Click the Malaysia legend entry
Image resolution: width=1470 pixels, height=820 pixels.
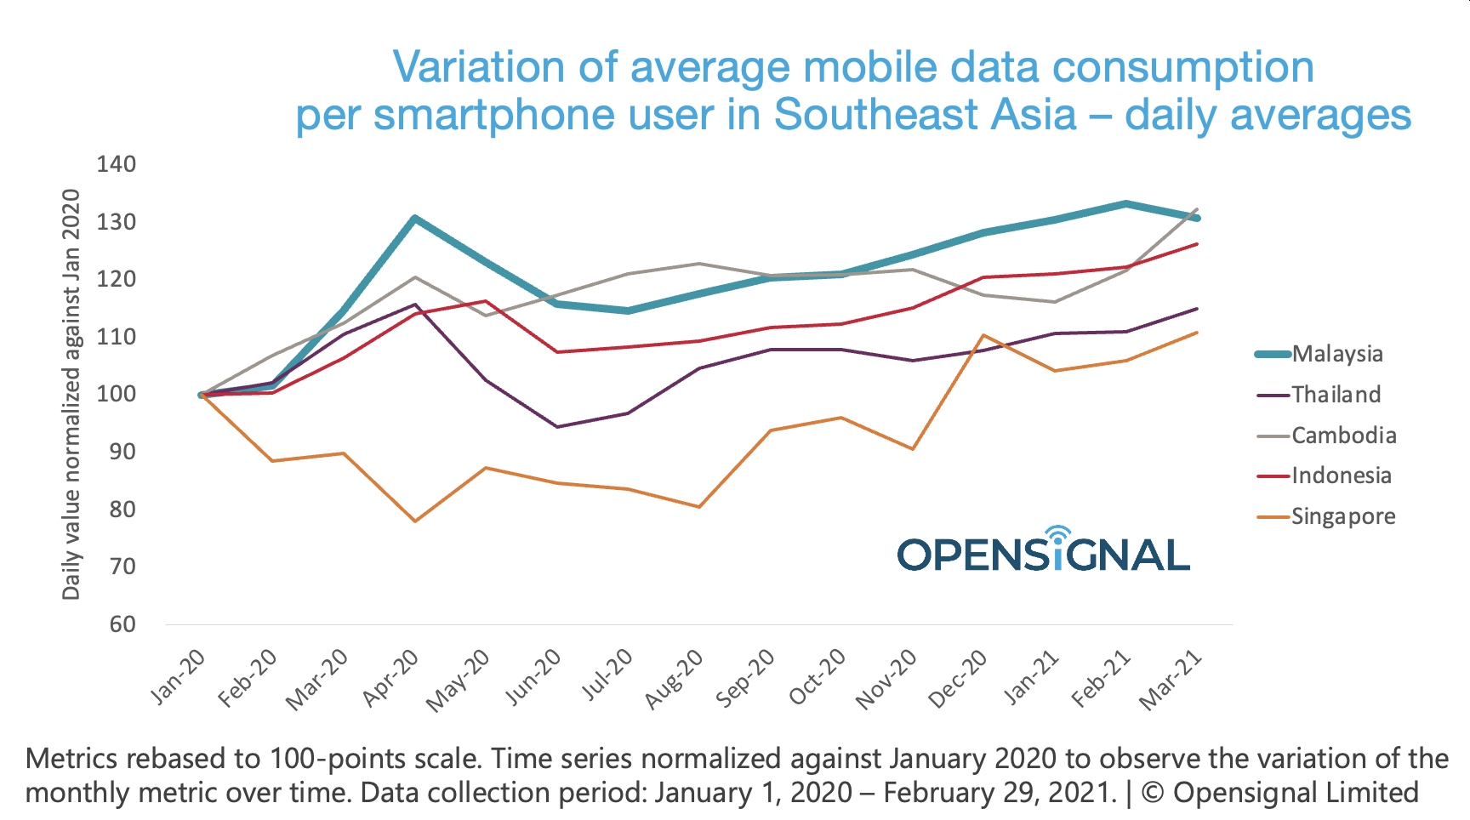(x=1336, y=354)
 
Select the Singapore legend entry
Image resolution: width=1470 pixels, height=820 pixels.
(x=1342, y=516)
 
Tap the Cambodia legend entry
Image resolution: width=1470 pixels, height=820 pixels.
(x=1343, y=436)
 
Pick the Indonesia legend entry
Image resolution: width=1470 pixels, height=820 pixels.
(x=1341, y=475)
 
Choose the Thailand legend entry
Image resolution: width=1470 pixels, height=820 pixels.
(x=1336, y=395)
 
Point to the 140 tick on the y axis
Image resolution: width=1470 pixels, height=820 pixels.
(x=117, y=164)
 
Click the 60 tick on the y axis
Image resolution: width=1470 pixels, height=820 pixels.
(x=122, y=624)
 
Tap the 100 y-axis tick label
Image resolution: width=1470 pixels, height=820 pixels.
(x=117, y=395)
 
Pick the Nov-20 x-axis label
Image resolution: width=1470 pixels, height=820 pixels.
(x=887, y=680)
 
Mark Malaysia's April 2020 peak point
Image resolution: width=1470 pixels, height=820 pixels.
(x=414, y=219)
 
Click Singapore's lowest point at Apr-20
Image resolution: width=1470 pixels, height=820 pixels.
(x=414, y=521)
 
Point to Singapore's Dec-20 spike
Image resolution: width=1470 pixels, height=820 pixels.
(x=983, y=335)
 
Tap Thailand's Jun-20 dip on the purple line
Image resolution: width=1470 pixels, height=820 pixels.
(x=557, y=426)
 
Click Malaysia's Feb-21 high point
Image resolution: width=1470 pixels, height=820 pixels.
(x=1125, y=204)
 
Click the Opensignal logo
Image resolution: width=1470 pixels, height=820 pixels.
(x=1043, y=551)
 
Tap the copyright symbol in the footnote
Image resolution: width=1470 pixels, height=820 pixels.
(x=1153, y=793)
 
